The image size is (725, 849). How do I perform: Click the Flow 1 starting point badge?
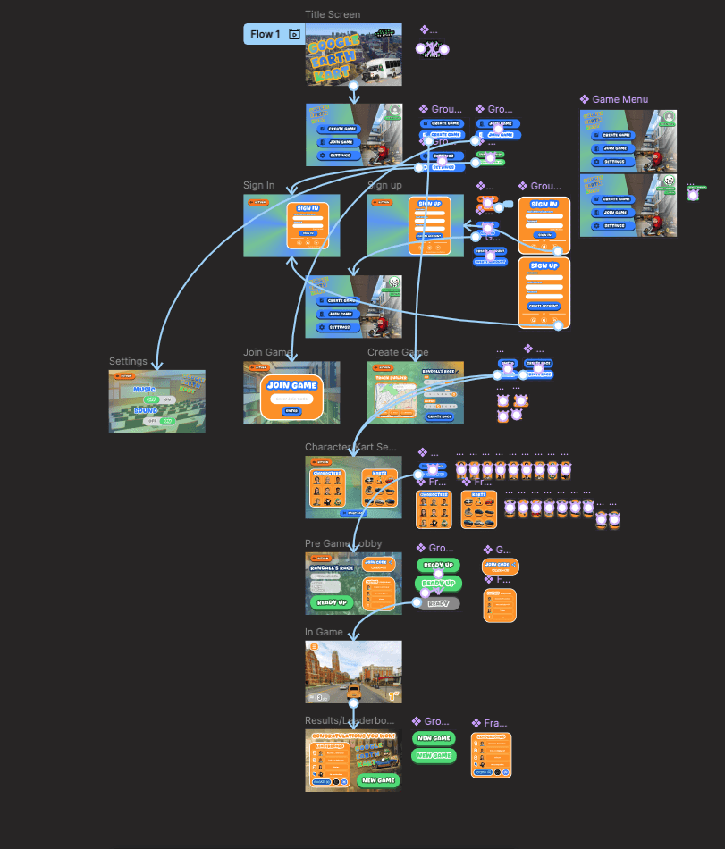click(265, 34)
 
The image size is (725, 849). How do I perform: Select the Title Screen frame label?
click(333, 14)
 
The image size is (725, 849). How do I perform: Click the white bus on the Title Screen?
click(385, 65)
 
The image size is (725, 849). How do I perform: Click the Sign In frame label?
click(258, 186)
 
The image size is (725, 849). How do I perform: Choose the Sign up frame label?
click(384, 186)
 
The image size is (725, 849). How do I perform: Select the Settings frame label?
click(128, 362)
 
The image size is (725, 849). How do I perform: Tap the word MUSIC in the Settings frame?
click(144, 390)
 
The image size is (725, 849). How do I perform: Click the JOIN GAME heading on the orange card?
click(291, 386)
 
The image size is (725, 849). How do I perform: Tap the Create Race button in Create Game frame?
click(439, 416)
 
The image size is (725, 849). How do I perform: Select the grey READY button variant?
click(438, 604)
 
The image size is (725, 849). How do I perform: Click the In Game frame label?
click(324, 633)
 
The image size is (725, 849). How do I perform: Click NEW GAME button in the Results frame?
click(377, 780)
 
